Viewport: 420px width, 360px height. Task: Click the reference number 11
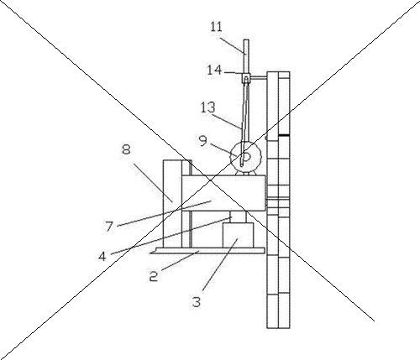tap(216, 27)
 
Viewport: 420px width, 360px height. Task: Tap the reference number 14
tap(214, 70)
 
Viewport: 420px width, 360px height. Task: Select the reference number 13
tap(208, 107)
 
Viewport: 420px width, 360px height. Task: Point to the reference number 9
tap(203, 141)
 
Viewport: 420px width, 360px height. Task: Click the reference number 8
tap(126, 149)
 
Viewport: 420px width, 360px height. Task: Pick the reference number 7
tap(109, 227)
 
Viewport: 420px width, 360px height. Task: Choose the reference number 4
tap(102, 256)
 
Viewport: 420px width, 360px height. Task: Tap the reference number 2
tap(154, 276)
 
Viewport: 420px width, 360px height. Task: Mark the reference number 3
tap(197, 302)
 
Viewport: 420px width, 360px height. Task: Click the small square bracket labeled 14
tap(245, 78)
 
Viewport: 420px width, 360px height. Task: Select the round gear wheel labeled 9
tap(245, 156)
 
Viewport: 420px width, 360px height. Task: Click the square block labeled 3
tap(238, 235)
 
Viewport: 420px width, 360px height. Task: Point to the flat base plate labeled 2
tap(207, 251)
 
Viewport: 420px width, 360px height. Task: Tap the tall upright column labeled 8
tap(172, 204)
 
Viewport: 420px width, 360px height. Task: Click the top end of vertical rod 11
tap(246, 39)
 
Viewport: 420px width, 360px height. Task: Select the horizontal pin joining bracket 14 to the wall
tap(258, 78)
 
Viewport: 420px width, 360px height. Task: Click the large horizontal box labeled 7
tap(223, 193)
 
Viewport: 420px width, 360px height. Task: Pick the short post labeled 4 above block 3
tap(238, 217)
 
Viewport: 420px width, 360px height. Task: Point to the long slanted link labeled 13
tap(244, 123)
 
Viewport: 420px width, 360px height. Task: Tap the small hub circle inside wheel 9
tap(246, 157)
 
